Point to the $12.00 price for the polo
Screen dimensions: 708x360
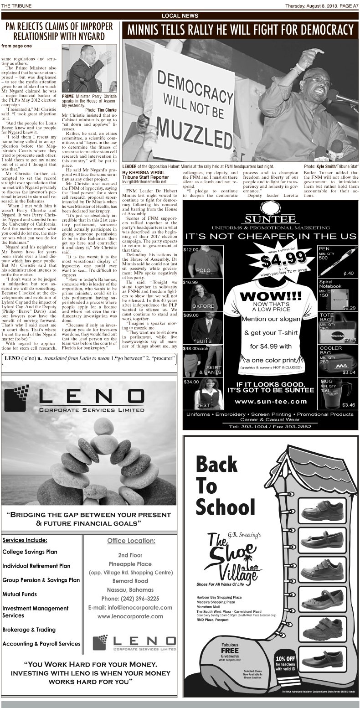click(x=190, y=250)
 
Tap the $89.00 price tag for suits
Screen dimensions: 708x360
click(x=190, y=315)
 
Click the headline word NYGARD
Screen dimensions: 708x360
click(x=89, y=36)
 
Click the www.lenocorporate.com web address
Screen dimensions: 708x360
click(x=130, y=616)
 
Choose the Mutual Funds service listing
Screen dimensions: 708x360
click(x=20, y=594)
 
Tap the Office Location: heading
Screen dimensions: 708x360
click(x=131, y=541)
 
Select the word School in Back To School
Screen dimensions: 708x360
click(x=225, y=506)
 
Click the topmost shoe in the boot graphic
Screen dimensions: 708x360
click(x=317, y=509)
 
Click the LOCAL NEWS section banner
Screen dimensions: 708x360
click(x=180, y=16)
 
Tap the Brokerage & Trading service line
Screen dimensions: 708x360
click(x=29, y=630)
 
